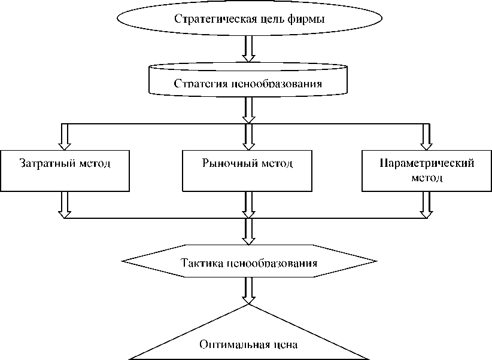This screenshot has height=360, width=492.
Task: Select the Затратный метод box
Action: (65, 170)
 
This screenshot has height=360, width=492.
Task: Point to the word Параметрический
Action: (427, 163)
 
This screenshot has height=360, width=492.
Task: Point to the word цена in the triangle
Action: (284, 345)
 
